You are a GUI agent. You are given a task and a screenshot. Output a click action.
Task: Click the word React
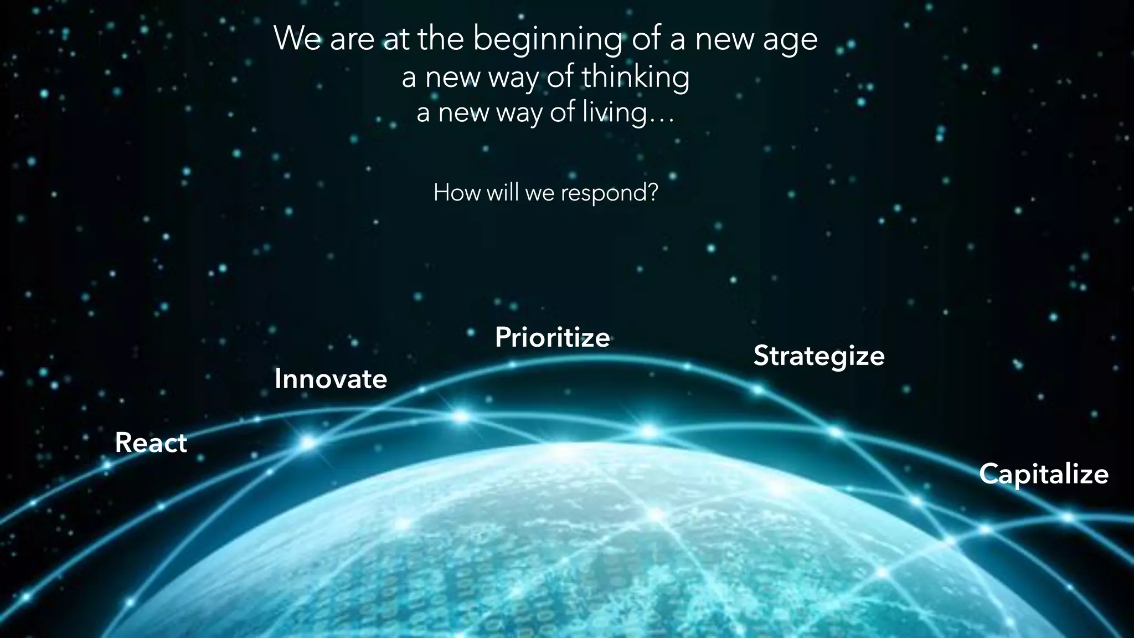(151, 443)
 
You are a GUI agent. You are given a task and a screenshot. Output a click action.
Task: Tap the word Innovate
(331, 379)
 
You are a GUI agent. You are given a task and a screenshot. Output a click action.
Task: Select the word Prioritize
(552, 337)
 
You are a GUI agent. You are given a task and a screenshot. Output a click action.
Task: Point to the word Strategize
(819, 356)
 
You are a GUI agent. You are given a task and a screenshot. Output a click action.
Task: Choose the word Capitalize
(1044, 474)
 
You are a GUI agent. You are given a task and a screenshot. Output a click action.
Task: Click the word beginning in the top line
(547, 40)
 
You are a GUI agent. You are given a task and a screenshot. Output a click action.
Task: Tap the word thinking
(635, 77)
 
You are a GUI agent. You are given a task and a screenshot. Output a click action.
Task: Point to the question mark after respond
(653, 192)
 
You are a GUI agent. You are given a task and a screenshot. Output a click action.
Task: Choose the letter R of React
(123, 443)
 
